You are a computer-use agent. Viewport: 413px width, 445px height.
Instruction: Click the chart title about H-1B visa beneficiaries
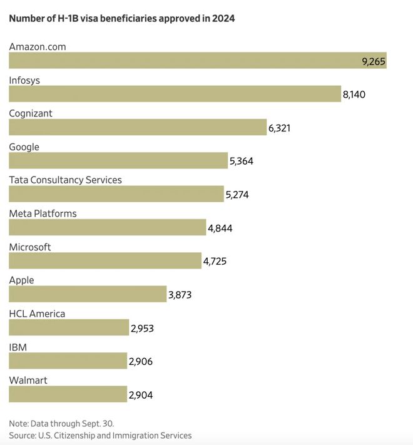[x=122, y=18]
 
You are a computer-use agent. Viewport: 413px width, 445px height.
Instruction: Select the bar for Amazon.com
[x=198, y=60]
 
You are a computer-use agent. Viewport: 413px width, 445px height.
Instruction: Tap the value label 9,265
[x=374, y=61]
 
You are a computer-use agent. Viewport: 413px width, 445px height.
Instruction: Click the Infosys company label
[x=24, y=80]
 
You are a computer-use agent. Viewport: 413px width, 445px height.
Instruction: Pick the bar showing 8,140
[x=175, y=94]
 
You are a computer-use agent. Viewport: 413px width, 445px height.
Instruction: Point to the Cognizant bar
[x=138, y=127]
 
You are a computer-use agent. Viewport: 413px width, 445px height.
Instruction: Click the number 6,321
[x=279, y=128]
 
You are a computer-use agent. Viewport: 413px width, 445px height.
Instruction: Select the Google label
[x=24, y=147]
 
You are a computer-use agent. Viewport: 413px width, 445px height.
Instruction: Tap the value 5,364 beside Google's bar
[x=242, y=161]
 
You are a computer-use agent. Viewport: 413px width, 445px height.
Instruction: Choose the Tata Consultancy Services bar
[x=116, y=194]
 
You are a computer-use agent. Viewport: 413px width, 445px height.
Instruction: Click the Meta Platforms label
[x=43, y=213]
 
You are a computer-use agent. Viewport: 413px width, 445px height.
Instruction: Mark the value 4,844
[x=220, y=228]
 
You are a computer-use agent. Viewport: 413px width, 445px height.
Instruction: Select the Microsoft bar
[x=105, y=260]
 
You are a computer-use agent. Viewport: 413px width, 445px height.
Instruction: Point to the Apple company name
[x=21, y=280]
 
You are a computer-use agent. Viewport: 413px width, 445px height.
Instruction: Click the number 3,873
[x=180, y=295]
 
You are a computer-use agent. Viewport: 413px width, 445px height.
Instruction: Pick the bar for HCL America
[x=69, y=327]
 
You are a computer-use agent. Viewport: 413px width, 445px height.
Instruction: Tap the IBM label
[x=18, y=347]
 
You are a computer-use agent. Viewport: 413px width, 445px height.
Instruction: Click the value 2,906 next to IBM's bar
[x=141, y=362]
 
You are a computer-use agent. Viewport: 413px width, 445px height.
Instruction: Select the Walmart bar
[x=68, y=394]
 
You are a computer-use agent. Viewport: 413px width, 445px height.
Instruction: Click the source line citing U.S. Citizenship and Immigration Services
[x=100, y=436]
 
